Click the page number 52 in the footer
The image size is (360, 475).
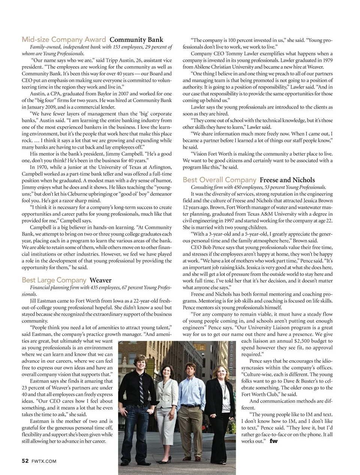point(25,461)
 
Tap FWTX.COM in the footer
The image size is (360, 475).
point(44,461)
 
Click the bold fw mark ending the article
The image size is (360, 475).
point(273,441)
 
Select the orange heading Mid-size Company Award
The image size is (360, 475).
point(64,39)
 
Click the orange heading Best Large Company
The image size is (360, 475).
point(54,280)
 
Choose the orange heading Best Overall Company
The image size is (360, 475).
point(219,180)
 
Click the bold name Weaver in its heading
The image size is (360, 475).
point(100,280)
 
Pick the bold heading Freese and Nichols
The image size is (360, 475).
point(287,180)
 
